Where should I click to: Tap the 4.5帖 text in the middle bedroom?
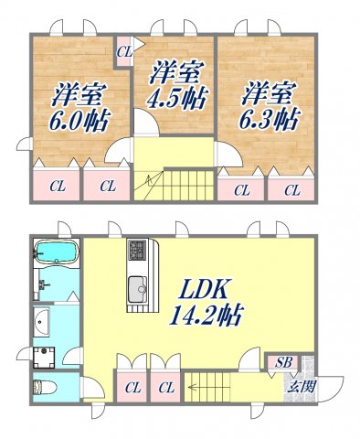(176, 96)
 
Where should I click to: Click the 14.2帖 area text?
(206, 316)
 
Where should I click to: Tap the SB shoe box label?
(284, 362)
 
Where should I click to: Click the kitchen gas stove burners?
(138, 250)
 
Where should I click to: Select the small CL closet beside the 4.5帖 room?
(124, 52)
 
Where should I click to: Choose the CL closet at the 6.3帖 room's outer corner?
(291, 190)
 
